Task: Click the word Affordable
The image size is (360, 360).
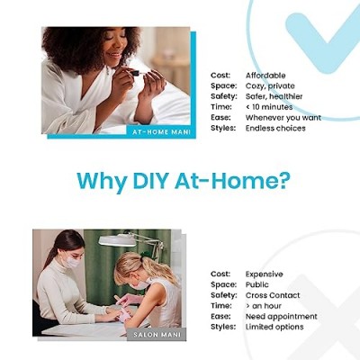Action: coord(265,76)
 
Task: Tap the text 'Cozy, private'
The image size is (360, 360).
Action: coord(270,86)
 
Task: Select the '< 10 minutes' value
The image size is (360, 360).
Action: coord(269,107)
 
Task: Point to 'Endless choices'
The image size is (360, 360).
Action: coord(275,128)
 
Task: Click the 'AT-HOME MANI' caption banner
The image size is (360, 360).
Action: coord(161,132)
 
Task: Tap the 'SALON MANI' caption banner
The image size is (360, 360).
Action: coord(157,334)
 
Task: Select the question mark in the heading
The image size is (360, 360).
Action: coord(283,180)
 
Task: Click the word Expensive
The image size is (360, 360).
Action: coord(264,274)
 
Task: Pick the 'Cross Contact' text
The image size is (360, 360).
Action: coord(273,295)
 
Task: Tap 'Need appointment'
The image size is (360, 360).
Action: coord(281,317)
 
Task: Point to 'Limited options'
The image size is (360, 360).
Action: coord(274,327)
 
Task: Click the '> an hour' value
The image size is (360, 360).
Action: coord(264,306)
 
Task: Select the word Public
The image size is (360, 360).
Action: coord(257,284)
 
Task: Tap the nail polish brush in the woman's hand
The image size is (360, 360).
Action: coord(138,73)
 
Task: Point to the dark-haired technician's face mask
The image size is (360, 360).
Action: coord(72,262)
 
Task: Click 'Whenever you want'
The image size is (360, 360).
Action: coord(283,118)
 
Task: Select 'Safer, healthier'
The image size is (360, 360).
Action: coord(274,96)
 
